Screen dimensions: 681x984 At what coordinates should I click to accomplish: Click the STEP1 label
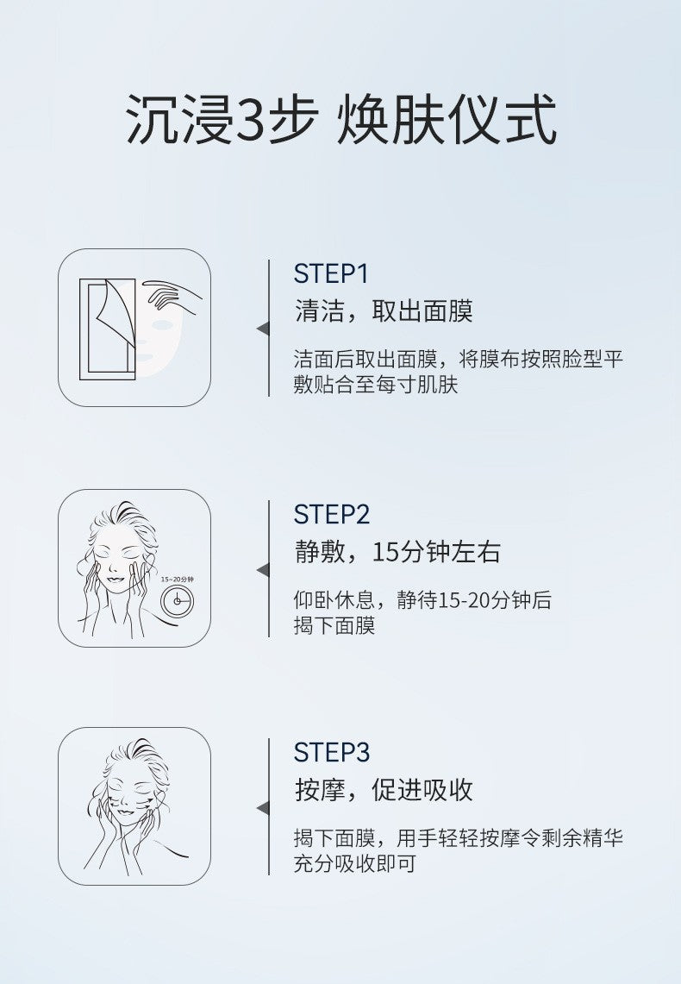(330, 273)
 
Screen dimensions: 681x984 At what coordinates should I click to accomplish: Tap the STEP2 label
(332, 515)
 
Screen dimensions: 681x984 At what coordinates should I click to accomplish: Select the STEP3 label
(332, 752)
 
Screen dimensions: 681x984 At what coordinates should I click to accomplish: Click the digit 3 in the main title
(250, 119)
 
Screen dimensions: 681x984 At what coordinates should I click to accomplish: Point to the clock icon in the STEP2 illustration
(177, 601)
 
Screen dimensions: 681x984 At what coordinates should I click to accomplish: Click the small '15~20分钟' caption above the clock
(177, 579)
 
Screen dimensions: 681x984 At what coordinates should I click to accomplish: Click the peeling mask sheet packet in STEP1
(108, 329)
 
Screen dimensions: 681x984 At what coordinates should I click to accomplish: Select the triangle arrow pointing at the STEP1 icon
(263, 329)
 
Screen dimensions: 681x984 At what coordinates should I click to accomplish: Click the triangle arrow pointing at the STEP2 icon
(263, 570)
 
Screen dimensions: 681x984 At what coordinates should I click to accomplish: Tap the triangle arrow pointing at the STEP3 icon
(263, 808)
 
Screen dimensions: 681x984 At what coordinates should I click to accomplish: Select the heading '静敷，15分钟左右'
(397, 552)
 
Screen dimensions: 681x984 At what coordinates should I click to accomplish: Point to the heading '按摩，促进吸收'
(383, 790)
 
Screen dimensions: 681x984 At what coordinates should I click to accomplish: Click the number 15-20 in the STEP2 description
(464, 600)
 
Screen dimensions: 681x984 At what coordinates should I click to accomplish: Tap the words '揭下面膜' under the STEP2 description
(334, 625)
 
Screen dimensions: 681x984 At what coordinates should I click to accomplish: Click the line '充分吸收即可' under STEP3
(355, 863)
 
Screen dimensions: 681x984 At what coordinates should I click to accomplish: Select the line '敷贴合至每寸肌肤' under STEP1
(376, 385)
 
